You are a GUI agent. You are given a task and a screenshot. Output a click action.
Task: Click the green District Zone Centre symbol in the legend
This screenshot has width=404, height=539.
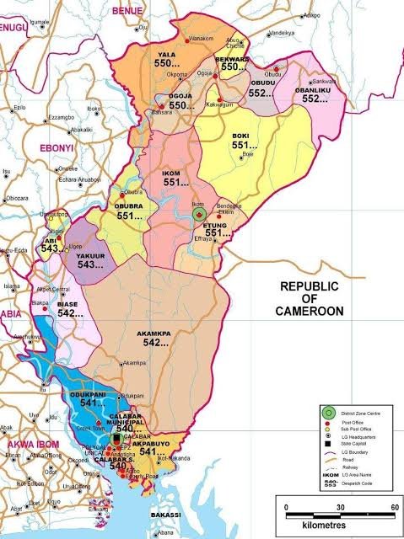(x=326, y=412)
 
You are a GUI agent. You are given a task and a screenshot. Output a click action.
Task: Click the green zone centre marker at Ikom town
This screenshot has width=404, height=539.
(x=200, y=215)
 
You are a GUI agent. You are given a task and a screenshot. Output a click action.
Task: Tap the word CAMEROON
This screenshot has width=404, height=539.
(x=310, y=312)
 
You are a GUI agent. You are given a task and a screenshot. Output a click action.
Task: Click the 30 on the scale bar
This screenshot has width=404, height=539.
(x=341, y=509)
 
